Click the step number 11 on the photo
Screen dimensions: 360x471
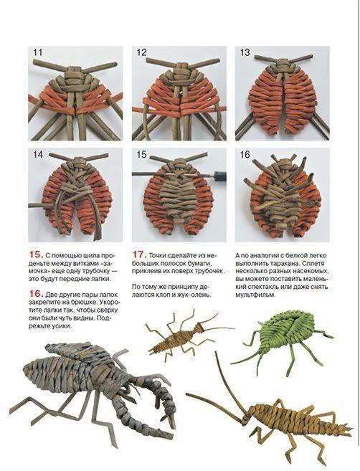click(x=38, y=52)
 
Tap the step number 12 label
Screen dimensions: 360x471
click(x=141, y=52)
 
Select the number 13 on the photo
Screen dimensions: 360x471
click(x=245, y=52)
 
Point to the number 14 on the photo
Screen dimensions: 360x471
click(x=38, y=154)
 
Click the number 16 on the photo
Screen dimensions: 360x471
click(x=245, y=154)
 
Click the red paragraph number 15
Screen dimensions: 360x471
click(x=36, y=254)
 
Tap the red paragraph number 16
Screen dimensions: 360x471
click(x=36, y=293)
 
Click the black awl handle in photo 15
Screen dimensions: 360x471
click(x=219, y=176)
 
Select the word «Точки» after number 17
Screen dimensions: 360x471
click(x=158, y=256)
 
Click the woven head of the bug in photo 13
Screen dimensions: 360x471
click(x=282, y=66)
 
